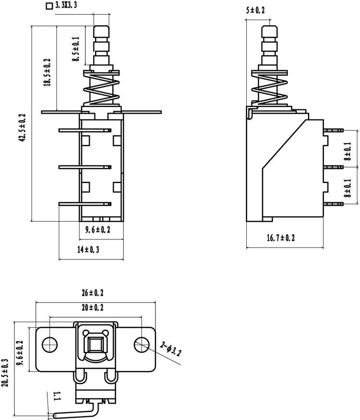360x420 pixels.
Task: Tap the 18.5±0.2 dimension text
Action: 47,72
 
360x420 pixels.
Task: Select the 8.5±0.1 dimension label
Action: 76,49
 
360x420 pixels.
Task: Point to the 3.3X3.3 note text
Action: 66,5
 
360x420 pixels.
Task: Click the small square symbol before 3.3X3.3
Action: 49,6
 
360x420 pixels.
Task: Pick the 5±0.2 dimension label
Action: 255,10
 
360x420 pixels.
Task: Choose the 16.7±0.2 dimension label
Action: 281,238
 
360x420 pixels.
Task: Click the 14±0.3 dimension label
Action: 88,250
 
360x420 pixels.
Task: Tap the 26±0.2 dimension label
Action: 93,293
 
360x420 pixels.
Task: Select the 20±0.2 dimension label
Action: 93,307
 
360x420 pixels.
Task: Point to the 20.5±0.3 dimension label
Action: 5,372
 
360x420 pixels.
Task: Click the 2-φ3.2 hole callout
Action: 170,349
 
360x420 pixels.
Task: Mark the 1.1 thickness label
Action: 57,396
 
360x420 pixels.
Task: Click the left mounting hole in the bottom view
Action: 49,345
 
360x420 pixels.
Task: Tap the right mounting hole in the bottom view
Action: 142,345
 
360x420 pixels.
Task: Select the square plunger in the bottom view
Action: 95,345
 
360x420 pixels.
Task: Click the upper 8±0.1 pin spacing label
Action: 348,151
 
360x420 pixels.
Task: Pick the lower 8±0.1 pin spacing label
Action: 348,188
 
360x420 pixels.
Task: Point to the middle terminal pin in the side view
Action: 334,167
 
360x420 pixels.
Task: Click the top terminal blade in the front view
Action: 85,131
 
